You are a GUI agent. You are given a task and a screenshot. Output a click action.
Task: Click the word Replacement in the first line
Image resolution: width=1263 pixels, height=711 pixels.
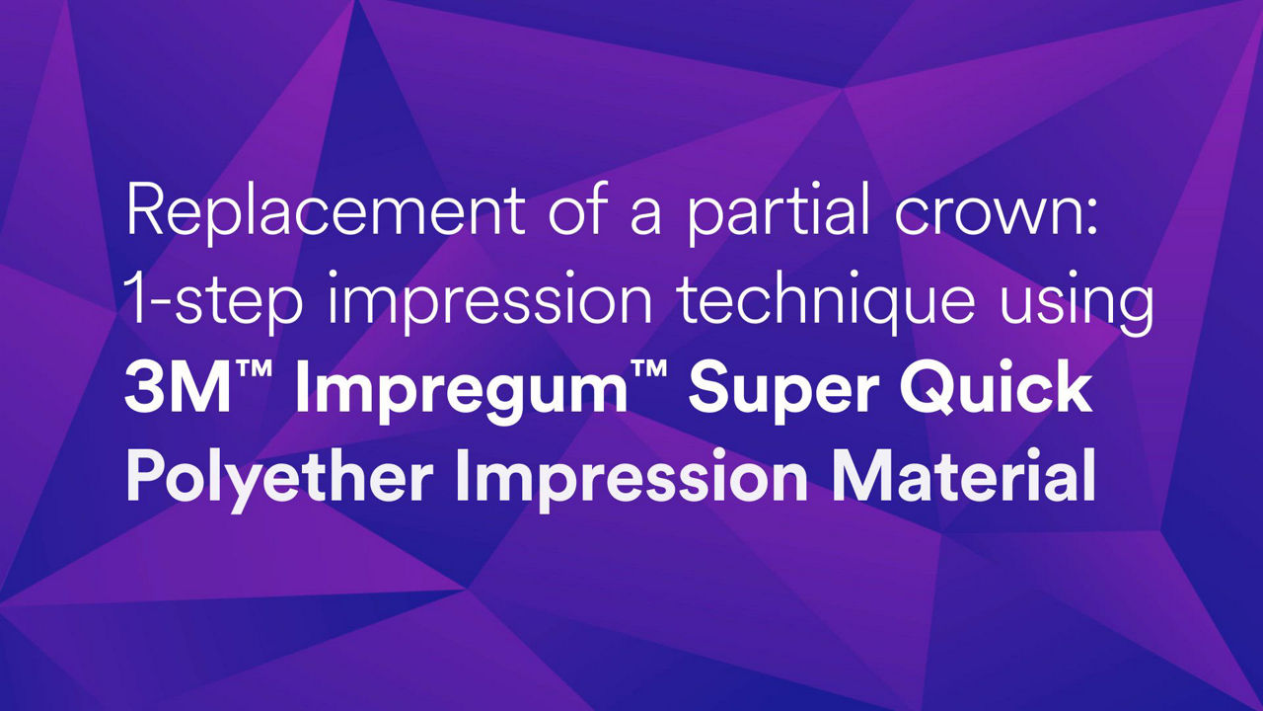326,214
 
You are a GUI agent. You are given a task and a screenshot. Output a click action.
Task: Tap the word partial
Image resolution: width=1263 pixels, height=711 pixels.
778,214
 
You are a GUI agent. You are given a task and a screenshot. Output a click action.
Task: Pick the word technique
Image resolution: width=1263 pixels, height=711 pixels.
826,302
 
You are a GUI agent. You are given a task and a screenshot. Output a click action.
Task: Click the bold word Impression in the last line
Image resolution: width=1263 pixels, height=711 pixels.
631,480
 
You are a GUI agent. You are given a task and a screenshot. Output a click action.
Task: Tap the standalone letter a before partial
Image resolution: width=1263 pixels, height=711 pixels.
645,217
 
